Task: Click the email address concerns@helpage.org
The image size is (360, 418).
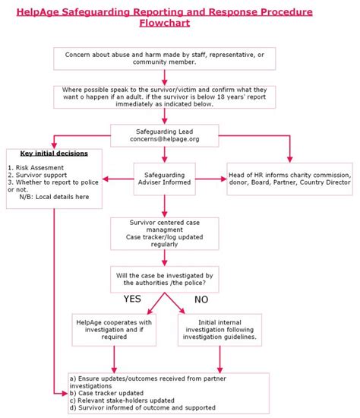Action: coord(164,139)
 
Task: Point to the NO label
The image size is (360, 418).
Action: coord(201,299)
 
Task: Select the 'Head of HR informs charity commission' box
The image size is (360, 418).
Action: coord(289,179)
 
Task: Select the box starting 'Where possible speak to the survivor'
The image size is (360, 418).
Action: coord(164,97)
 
